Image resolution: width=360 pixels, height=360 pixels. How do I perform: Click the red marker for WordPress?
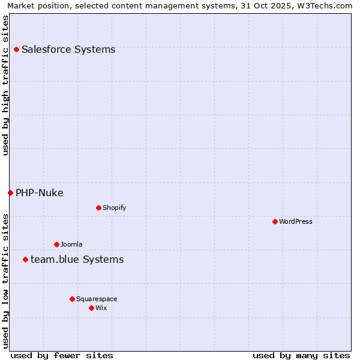pyautogui.click(x=275, y=221)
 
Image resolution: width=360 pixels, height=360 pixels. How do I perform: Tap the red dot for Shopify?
pyautogui.click(x=98, y=208)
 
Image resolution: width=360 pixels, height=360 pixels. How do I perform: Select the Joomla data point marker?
pyautogui.click(x=56, y=244)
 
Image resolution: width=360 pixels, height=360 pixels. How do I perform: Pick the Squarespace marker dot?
pyautogui.click(x=72, y=299)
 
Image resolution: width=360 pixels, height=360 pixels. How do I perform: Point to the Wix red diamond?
pyautogui.click(x=91, y=308)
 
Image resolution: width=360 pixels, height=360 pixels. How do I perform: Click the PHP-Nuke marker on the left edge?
pyautogui.click(x=10, y=193)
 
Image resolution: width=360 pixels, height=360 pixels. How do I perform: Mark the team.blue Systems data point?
pyautogui.click(x=25, y=259)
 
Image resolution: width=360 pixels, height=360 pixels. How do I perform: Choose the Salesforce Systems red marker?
pyautogui.click(x=16, y=49)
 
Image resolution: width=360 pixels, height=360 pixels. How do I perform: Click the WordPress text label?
pyautogui.click(x=295, y=221)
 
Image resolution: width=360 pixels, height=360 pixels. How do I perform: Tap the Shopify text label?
pyautogui.click(x=114, y=208)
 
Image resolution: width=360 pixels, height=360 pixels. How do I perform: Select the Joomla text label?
pyautogui.click(x=71, y=244)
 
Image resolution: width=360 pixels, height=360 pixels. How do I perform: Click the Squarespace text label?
pyautogui.click(x=97, y=299)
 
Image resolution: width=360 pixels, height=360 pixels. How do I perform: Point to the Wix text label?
pyautogui.click(x=101, y=308)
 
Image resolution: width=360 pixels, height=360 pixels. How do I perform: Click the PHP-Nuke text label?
pyautogui.click(x=40, y=193)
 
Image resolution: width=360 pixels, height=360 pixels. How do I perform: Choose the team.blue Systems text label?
pyautogui.click(x=77, y=259)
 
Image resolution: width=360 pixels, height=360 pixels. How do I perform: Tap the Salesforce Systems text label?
pyautogui.click(x=68, y=49)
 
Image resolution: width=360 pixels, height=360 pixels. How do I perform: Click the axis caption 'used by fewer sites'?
pyautogui.click(x=62, y=355)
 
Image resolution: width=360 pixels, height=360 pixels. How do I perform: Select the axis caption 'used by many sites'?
pyautogui.click(x=301, y=355)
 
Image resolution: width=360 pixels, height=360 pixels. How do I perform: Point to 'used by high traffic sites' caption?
pyautogui.click(x=5, y=86)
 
